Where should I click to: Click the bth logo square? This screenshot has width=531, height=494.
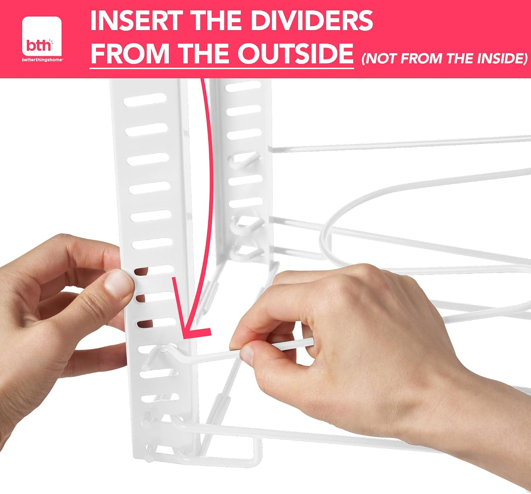point(42,36)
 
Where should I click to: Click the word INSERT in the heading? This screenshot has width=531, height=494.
point(135,21)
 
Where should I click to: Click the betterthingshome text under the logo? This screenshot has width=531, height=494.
point(42,60)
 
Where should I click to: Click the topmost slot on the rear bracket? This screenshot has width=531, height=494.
point(243,86)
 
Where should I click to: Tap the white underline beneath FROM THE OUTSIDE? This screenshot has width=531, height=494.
point(222,68)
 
